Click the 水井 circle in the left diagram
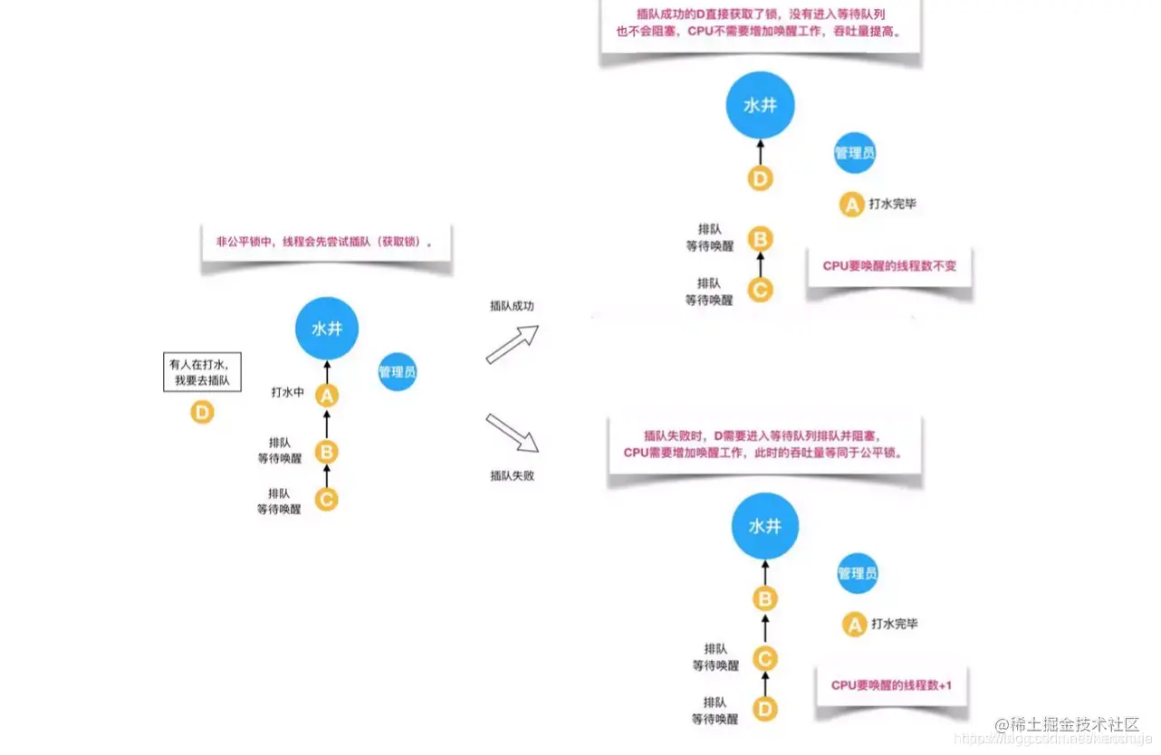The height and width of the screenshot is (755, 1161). point(327,329)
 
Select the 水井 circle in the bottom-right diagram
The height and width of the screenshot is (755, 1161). point(765,526)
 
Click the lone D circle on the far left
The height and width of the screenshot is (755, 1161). point(202,413)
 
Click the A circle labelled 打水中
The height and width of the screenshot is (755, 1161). point(327,395)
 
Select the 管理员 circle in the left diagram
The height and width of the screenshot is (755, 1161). point(398,371)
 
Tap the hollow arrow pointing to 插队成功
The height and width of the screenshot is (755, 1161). point(512,345)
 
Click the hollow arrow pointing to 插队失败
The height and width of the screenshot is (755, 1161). point(512,433)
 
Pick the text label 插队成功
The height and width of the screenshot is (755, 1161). point(512,306)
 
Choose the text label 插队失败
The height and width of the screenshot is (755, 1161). point(512,474)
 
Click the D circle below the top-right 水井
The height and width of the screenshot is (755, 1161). point(761,178)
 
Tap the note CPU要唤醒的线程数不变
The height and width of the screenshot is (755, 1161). point(888,266)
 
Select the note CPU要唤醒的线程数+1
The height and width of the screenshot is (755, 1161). point(891,685)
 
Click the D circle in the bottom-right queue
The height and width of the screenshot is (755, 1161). point(765,710)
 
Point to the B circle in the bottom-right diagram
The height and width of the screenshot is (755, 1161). point(765,598)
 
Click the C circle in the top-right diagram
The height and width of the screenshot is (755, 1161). point(761,291)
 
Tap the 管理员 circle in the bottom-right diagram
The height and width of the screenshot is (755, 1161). point(857,573)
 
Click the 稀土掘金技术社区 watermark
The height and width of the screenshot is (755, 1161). point(1066,725)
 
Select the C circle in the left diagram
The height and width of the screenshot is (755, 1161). point(327,499)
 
